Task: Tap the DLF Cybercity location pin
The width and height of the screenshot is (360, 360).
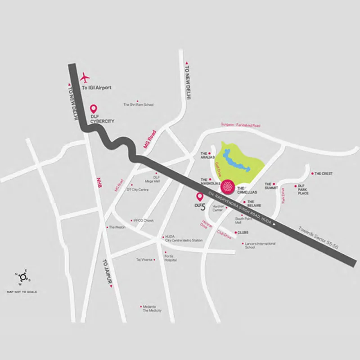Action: click(x=94, y=108)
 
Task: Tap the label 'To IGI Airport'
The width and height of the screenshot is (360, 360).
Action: click(x=96, y=87)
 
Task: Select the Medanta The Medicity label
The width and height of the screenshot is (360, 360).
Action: click(x=152, y=308)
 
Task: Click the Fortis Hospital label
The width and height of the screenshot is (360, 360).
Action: click(x=170, y=258)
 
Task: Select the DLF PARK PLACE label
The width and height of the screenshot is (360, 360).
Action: click(x=303, y=189)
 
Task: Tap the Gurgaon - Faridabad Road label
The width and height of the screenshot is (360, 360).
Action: click(x=240, y=125)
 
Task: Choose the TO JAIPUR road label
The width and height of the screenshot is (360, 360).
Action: click(x=107, y=273)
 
